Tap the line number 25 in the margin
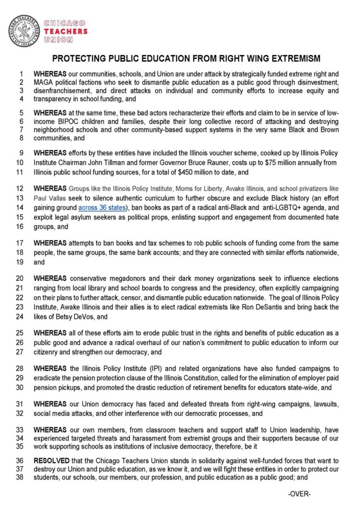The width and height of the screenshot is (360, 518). point(21,333)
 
